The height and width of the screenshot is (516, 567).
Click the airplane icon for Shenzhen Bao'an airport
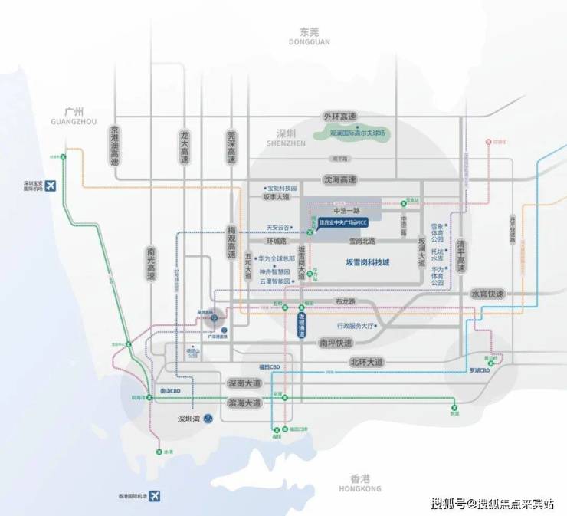pyautogui.click(x=51, y=186)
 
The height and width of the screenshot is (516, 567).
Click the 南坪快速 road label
pyautogui.click(x=335, y=342)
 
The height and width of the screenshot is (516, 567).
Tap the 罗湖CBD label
pyautogui.click(x=480, y=370)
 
